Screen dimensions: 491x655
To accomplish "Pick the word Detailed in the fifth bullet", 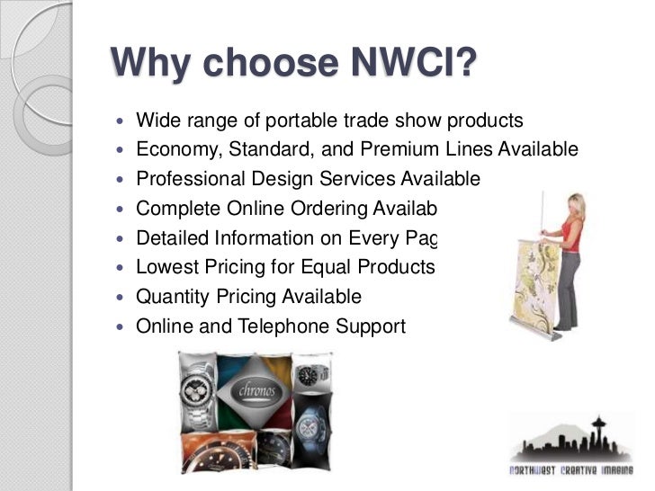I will [171, 238].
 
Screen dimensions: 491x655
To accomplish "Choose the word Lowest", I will [166, 267].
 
